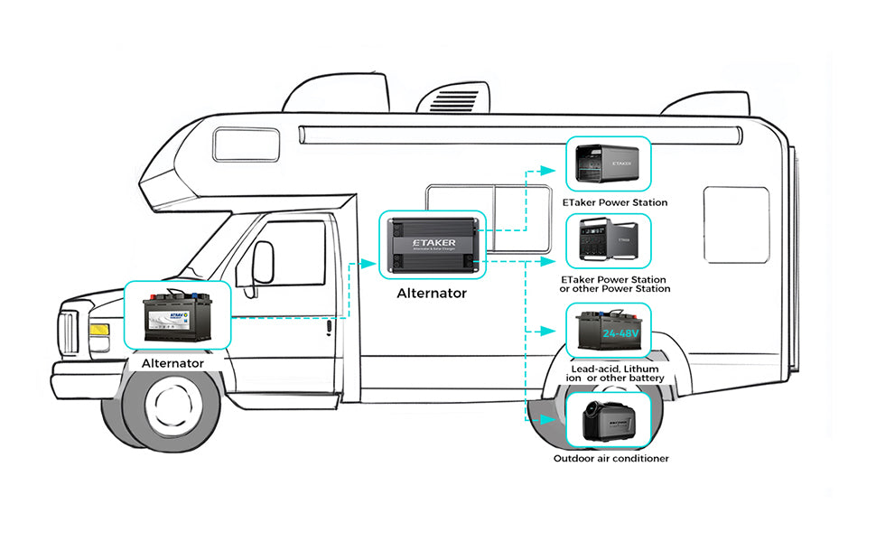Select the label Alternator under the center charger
click(x=432, y=294)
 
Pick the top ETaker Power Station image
click(x=607, y=164)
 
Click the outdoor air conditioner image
click(x=607, y=420)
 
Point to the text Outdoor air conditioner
click(x=611, y=459)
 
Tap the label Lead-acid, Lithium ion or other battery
click(x=613, y=373)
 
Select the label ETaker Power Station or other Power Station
click(x=615, y=285)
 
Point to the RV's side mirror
click(x=263, y=262)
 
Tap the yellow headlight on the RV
click(x=99, y=331)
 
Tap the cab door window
click(x=294, y=253)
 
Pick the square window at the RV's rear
click(x=736, y=225)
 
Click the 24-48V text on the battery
click(x=620, y=335)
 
